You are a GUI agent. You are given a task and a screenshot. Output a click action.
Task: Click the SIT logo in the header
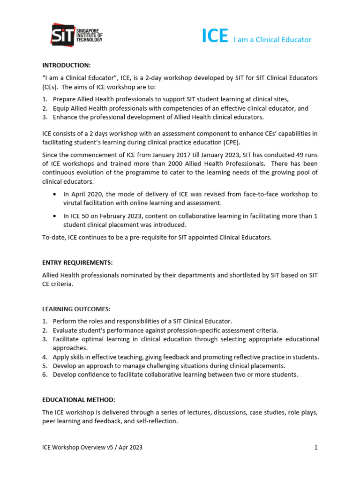[76, 34]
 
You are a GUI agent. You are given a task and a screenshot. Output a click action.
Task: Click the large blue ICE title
[215, 37]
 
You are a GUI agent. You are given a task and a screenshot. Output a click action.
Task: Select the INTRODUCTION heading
[66, 65]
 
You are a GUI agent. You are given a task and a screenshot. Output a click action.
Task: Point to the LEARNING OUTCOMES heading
[76, 309]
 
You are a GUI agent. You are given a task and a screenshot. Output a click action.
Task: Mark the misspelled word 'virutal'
[74, 203]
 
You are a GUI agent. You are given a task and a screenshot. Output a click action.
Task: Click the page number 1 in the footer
[316, 447]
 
